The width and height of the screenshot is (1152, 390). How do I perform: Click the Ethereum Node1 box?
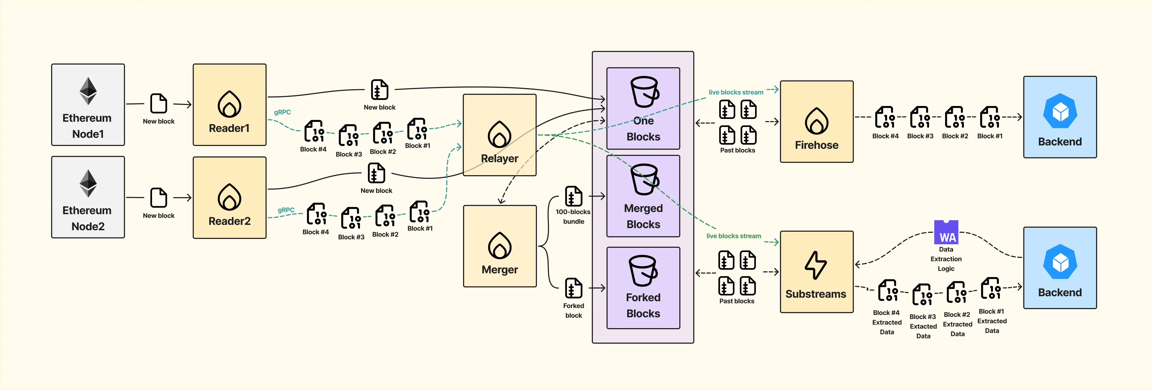[x=88, y=105]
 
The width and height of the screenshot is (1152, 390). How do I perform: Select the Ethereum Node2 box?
[x=88, y=197]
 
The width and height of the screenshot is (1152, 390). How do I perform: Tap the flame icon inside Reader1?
[x=229, y=104]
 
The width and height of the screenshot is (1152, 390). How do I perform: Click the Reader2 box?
[x=229, y=197]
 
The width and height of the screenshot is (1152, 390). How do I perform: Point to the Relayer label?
[x=499, y=159]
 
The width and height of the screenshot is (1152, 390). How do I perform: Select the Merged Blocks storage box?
[x=643, y=196]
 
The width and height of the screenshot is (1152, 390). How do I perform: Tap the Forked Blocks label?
[x=643, y=305]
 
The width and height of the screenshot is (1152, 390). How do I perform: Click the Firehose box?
[x=817, y=121]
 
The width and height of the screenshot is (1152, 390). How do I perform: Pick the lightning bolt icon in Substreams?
[x=816, y=265]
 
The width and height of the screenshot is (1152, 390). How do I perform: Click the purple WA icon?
[x=946, y=232]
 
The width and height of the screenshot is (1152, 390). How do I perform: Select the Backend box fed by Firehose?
[x=1060, y=117]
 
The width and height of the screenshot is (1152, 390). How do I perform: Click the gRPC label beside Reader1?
[x=282, y=112]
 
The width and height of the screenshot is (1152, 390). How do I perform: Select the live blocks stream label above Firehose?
[x=736, y=92]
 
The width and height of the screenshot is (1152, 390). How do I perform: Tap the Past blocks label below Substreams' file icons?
[x=737, y=301]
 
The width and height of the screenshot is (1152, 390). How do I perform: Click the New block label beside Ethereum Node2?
[x=159, y=215]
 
